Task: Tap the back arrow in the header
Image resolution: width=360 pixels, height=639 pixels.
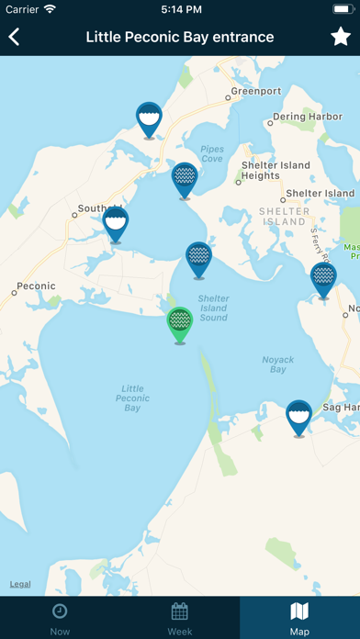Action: coord(15,37)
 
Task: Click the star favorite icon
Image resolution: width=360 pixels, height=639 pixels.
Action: coord(340,37)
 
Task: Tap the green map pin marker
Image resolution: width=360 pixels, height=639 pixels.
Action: coord(180,324)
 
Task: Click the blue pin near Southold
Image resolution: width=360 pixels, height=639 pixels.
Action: coord(116,224)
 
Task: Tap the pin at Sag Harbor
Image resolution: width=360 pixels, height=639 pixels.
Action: coord(298,417)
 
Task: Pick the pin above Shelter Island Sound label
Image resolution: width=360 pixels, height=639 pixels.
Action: coord(198,259)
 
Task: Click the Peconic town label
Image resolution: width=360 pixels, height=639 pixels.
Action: coord(37,286)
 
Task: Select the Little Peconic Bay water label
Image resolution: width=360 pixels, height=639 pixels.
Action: coord(133,398)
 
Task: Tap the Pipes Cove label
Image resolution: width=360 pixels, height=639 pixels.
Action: coord(211,152)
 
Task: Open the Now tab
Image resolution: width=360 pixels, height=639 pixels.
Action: coord(60,617)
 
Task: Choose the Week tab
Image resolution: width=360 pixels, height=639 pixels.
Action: coord(180,617)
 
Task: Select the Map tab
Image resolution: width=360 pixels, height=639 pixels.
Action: coord(299,617)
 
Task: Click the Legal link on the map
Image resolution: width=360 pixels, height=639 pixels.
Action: coord(20,584)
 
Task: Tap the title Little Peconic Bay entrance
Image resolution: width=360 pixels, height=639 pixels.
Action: coord(180,37)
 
